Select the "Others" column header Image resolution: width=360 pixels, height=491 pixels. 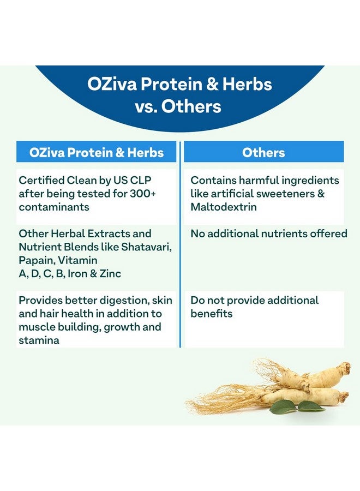(x=264, y=152)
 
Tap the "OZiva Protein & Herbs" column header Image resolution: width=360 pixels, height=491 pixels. (x=97, y=152)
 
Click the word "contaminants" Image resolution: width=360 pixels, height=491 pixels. (x=53, y=207)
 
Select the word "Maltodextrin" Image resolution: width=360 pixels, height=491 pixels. (x=224, y=207)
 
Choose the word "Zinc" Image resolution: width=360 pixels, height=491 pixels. (x=109, y=274)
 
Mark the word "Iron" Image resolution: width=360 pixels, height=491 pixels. (x=78, y=274)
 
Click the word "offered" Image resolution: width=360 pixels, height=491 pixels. (x=328, y=234)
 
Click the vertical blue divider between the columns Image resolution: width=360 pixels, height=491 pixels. (x=180, y=245)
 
